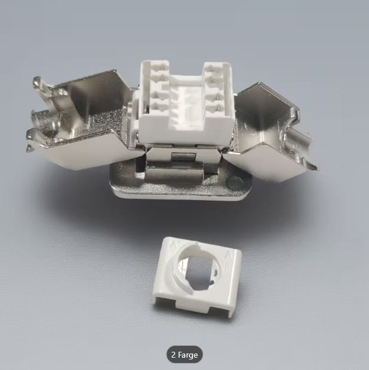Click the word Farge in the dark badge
[188, 355]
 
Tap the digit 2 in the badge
[173, 355]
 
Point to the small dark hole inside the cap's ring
[212, 282]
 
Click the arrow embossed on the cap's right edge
[228, 255]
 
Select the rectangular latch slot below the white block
[184, 156]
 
